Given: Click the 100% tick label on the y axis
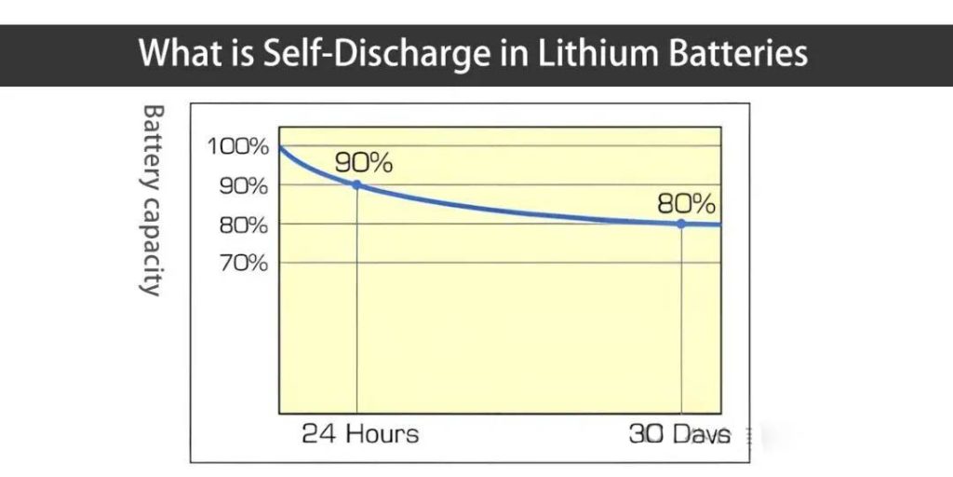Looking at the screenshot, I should point(238,146).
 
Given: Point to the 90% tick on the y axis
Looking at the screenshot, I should point(243,185).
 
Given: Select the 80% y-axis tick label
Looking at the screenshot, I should point(243,225).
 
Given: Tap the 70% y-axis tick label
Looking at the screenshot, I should point(243,263).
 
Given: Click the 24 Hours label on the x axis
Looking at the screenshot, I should point(360,434).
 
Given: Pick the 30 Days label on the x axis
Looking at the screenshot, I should point(679,434).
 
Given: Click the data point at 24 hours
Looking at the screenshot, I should point(356,185).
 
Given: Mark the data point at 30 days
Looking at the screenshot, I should point(681,224).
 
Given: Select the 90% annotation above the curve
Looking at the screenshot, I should point(363,162).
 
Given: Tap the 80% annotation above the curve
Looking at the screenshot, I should point(686,202).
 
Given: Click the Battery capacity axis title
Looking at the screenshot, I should point(152,199).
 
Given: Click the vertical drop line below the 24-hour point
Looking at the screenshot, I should point(356,298).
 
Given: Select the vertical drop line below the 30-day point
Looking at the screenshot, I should point(682,317).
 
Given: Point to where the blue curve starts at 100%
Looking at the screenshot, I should point(280,147).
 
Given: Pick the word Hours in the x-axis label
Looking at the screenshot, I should point(381,434).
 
